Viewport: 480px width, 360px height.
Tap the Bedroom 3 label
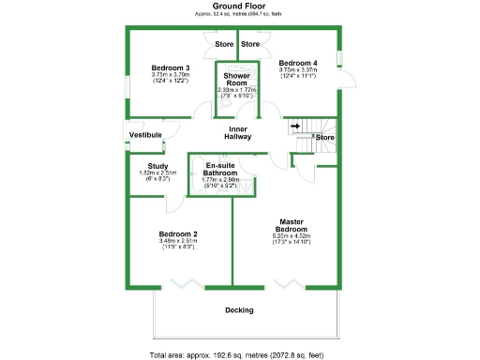[172, 67]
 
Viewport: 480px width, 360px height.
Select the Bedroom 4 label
[298, 63]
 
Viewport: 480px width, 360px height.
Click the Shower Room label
[234, 78]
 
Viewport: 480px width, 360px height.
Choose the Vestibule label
[144, 136]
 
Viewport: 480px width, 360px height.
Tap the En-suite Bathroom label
[221, 170]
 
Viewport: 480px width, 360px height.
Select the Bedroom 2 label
[177, 233]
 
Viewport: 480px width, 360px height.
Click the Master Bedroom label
[292, 225]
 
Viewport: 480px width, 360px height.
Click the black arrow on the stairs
[294, 125]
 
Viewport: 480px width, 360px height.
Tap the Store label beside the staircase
[324, 138]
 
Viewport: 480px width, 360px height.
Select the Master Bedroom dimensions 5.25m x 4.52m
[292, 236]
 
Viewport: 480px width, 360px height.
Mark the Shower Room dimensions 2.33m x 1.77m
[235, 90]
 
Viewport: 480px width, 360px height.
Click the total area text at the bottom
[239, 354]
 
